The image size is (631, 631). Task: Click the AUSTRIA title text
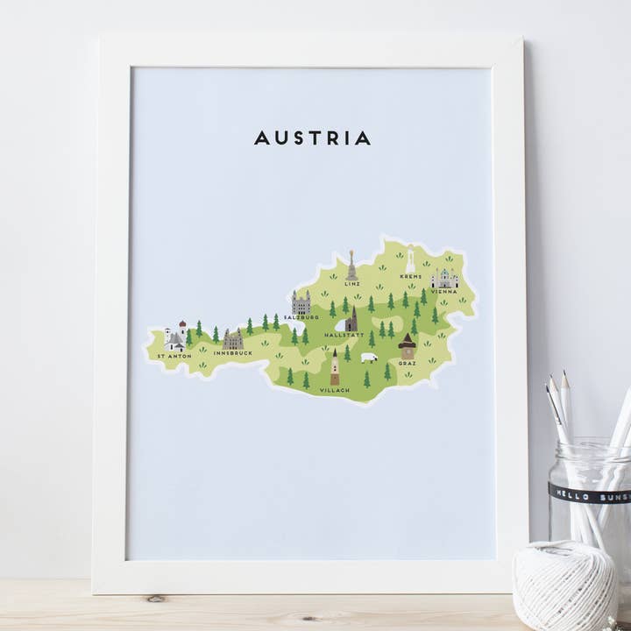click(x=312, y=138)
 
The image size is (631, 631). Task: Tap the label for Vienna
click(x=443, y=292)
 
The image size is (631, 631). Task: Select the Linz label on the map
click(x=352, y=284)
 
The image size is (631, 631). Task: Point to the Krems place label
click(x=411, y=277)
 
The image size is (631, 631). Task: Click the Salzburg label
click(x=301, y=317)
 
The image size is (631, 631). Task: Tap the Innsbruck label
click(x=232, y=353)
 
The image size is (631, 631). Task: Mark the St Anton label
click(x=174, y=357)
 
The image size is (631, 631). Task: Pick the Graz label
click(x=408, y=362)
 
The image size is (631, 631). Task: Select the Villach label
click(x=334, y=389)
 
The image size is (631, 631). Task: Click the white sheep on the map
click(x=369, y=358)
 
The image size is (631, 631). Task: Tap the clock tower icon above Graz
click(x=407, y=346)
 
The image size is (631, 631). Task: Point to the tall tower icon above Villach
click(x=334, y=366)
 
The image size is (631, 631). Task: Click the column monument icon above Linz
click(x=351, y=266)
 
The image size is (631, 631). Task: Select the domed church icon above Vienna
click(x=444, y=279)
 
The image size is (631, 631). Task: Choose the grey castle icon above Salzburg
click(x=301, y=303)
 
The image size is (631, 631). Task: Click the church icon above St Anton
click(x=175, y=337)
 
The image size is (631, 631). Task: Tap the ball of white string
click(x=564, y=585)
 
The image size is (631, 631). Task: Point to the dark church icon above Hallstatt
click(x=351, y=319)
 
